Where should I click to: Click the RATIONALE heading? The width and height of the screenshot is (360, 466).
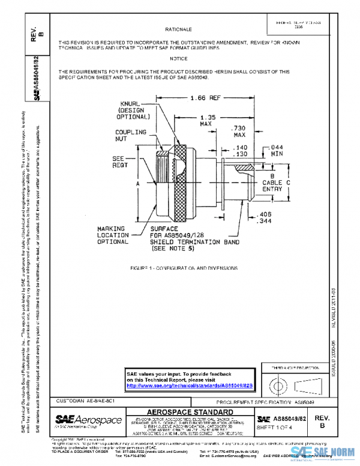pyautogui.click(x=178, y=29)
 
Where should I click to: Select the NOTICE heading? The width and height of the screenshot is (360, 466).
pyautogui.click(x=178, y=58)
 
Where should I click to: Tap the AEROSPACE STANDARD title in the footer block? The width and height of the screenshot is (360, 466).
pyautogui.click(x=190, y=411)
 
